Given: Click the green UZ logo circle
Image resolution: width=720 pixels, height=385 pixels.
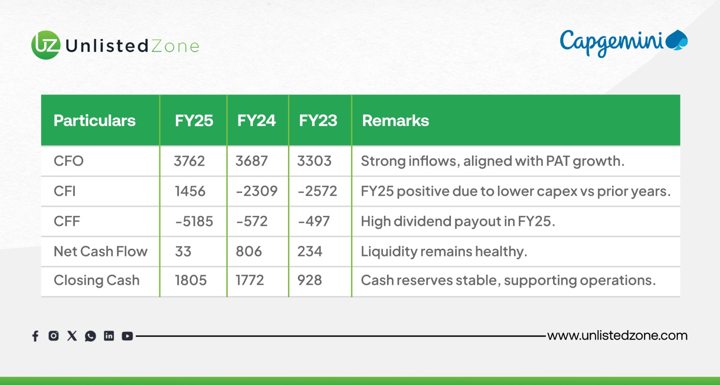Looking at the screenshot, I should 45,45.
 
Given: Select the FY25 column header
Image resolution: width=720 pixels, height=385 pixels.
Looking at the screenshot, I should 193,121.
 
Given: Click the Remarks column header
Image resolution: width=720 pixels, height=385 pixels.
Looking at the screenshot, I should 395,121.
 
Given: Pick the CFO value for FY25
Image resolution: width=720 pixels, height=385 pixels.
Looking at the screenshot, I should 189,161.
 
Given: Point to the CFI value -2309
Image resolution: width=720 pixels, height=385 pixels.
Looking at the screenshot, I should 256,191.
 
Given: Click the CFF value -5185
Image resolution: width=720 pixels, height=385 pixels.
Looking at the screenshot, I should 194,221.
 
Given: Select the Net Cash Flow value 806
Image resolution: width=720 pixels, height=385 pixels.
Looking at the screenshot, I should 248,251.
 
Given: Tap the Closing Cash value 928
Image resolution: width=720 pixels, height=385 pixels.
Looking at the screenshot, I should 310,280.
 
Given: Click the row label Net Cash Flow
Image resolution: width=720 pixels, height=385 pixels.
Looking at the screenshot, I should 100,251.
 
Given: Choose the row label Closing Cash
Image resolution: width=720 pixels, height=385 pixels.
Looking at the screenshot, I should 96,280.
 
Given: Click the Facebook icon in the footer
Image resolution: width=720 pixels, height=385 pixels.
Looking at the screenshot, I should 36,336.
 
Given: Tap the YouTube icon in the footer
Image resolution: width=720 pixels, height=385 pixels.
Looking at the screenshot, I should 127,336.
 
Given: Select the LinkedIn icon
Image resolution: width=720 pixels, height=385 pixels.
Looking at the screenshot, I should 109,336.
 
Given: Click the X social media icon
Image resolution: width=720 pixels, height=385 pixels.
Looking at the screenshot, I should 72,336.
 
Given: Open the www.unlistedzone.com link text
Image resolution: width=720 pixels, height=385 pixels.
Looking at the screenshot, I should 617,336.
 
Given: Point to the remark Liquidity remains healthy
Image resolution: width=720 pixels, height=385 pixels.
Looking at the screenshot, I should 444,251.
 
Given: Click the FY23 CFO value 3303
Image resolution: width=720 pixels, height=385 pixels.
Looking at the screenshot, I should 314,161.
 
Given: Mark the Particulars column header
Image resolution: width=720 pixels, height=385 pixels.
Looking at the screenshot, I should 94,121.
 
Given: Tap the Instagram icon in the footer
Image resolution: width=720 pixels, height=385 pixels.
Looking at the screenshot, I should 54,336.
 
